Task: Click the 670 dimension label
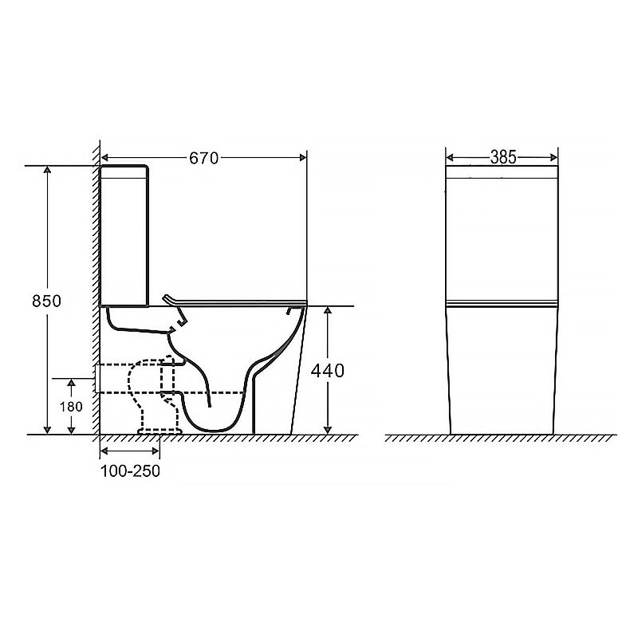point(204,158)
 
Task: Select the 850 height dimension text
point(47,301)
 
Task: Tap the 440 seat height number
point(328,371)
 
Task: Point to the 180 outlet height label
point(71,407)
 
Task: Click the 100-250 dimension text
point(130,471)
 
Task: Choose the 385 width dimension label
point(503,157)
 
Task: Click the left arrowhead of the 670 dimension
point(105,157)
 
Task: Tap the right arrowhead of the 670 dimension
point(303,157)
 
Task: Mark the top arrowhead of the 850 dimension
point(48,170)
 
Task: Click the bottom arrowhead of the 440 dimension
point(328,430)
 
